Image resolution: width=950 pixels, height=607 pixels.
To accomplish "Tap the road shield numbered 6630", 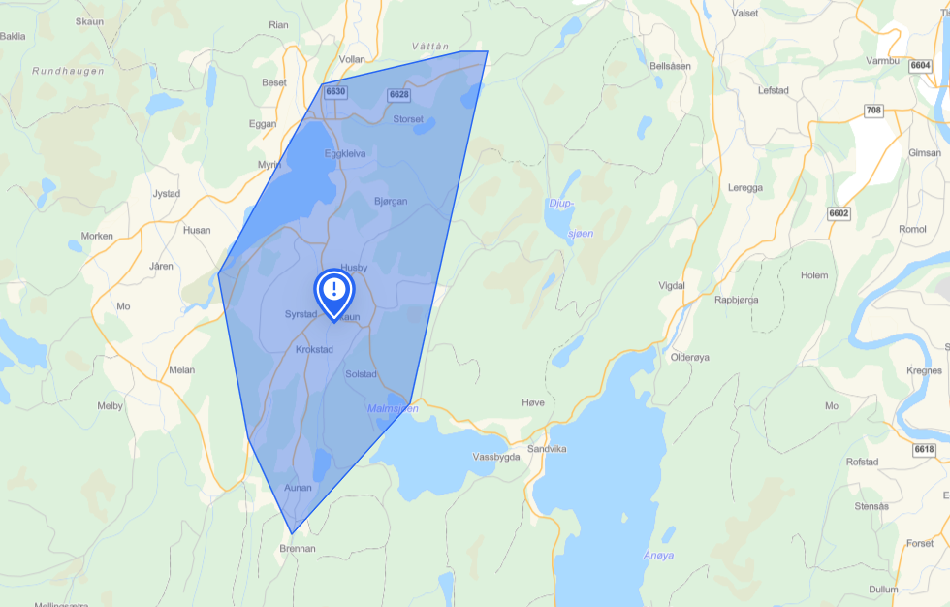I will click(335, 92).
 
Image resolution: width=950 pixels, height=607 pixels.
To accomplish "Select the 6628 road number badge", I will click(398, 94).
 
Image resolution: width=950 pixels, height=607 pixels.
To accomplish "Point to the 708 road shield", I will click(873, 111).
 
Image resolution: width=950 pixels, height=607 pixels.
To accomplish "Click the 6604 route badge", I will click(921, 65).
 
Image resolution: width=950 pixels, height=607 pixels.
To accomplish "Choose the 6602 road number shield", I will click(839, 213).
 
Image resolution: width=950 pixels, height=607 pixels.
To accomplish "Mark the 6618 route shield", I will click(924, 449).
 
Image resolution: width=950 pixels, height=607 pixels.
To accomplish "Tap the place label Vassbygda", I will click(496, 456).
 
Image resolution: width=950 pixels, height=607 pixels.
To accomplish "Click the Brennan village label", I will click(297, 548).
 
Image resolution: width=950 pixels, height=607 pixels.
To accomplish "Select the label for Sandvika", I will click(547, 449).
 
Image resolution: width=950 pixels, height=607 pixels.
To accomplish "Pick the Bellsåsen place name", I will click(671, 66).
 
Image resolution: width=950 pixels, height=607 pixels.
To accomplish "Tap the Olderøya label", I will click(690, 357).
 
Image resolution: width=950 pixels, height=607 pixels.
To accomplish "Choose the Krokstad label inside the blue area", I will click(314, 349).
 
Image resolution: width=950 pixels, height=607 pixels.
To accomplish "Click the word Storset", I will click(408, 119).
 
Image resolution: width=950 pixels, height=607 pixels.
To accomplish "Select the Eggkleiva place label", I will click(345, 153).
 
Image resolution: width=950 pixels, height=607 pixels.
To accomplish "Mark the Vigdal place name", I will click(672, 285).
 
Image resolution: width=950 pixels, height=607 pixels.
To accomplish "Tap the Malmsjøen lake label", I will click(393, 408).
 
